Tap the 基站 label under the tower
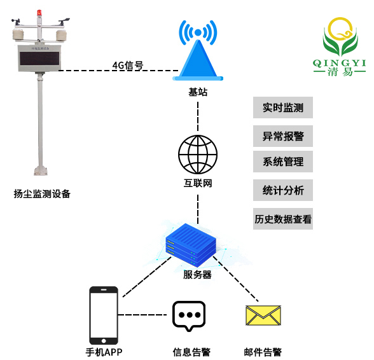click(198, 92)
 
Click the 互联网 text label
click(198, 184)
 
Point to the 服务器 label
click(197, 275)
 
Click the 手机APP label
click(103, 352)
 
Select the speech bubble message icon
click(188, 315)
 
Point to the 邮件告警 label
click(263, 352)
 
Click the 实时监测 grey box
click(283, 107)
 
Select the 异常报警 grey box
click(283, 135)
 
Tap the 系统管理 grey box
click(283, 162)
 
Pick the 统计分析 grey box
click(283, 190)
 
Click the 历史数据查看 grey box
click(283, 219)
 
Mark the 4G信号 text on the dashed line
click(127, 66)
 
